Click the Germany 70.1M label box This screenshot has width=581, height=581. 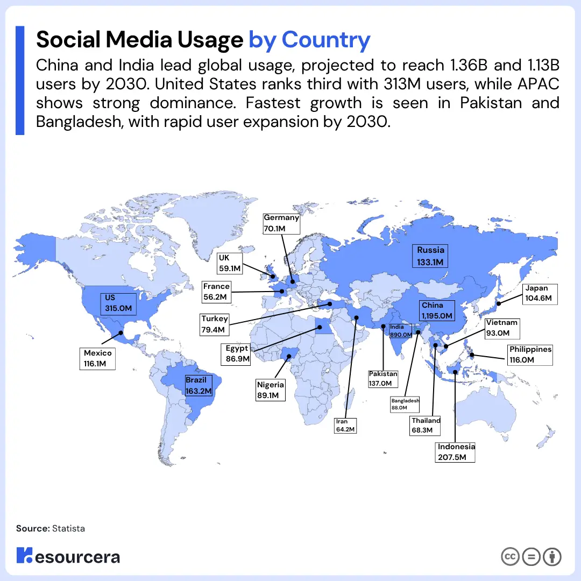(x=281, y=224)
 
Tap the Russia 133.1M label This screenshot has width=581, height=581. (x=431, y=256)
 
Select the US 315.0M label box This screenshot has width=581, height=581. (x=118, y=303)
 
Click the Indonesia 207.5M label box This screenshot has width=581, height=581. (x=456, y=452)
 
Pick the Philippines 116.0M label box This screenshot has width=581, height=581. (x=530, y=355)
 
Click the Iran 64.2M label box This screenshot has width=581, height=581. (x=345, y=425)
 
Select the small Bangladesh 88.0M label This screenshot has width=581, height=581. (x=405, y=405)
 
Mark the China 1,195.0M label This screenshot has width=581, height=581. (x=437, y=310)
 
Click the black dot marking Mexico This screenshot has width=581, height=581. (x=121, y=333)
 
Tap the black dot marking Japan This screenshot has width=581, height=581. (x=498, y=304)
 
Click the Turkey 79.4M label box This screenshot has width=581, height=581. (x=215, y=324)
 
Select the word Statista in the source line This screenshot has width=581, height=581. (x=68, y=528)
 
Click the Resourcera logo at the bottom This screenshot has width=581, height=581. (x=68, y=556)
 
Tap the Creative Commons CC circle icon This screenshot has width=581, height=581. (x=510, y=557)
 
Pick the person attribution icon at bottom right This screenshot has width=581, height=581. (x=552, y=557)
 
